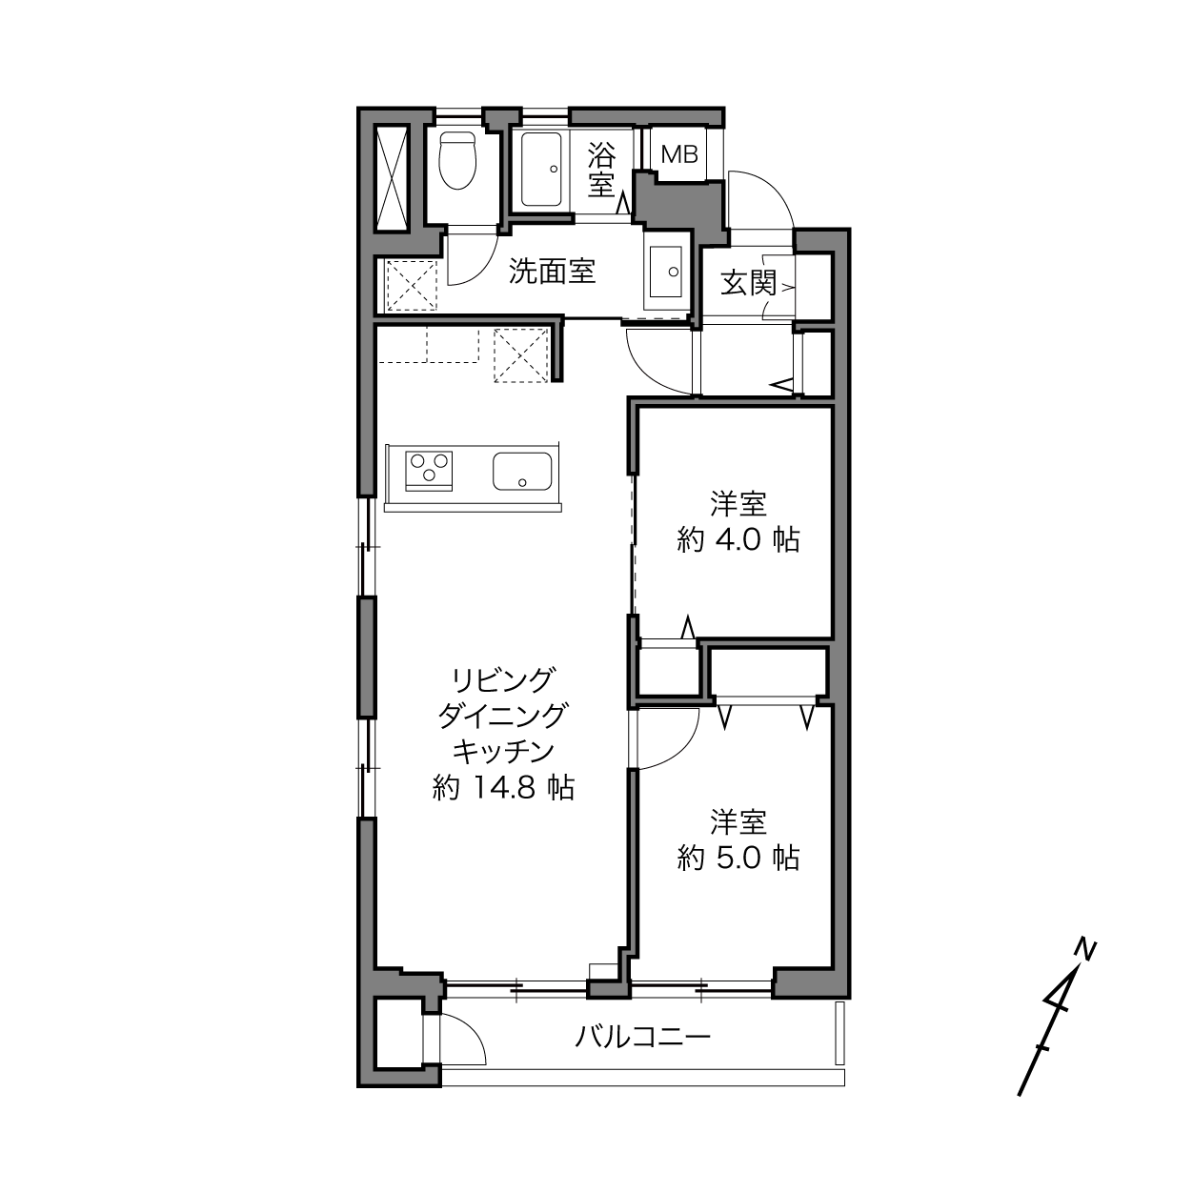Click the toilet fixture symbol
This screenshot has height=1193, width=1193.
tap(456, 161)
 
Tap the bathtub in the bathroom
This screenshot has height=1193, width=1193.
tap(541, 169)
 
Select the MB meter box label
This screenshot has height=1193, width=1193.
tap(679, 154)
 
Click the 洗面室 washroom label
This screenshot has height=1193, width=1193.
tap(552, 272)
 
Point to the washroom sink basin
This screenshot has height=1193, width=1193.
tap(665, 271)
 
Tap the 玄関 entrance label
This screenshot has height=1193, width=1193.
tap(748, 284)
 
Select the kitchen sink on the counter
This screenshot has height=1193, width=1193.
tap(522, 471)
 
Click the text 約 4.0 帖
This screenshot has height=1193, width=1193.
tap(738, 540)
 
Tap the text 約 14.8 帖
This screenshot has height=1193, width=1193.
tap(503, 788)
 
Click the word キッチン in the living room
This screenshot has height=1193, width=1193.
tap(503, 752)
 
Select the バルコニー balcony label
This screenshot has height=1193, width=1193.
tap(642, 1036)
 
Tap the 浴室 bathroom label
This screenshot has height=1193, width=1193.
tap(601, 169)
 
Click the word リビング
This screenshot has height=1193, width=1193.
tap(503, 679)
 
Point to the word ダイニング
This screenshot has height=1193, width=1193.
tap(503, 716)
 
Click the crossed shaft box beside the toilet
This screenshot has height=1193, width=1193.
tap(393, 176)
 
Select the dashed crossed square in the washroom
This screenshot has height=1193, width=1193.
tap(412, 285)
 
